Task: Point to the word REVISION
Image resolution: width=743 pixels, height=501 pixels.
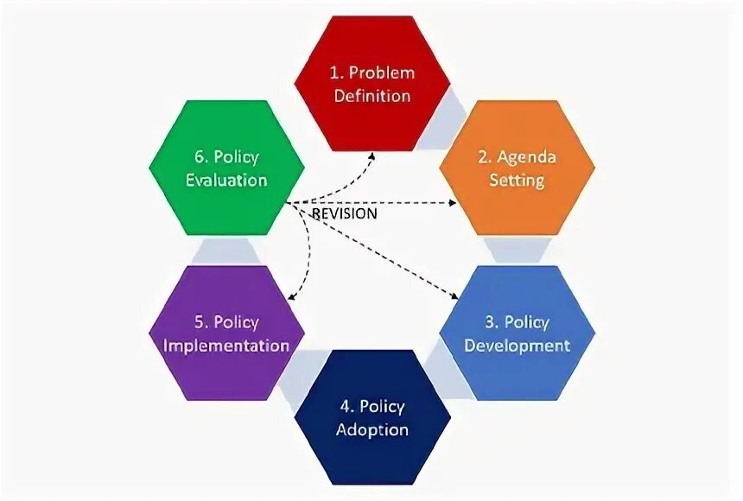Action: (343, 213)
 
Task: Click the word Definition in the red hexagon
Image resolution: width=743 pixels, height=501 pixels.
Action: (372, 96)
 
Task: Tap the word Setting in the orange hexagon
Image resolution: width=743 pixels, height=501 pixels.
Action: (517, 181)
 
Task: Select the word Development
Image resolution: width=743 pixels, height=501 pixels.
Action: (517, 346)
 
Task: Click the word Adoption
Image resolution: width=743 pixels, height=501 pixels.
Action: (372, 430)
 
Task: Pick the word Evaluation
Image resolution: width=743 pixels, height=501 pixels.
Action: (226, 181)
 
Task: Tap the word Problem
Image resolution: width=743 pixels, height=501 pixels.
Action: (382, 73)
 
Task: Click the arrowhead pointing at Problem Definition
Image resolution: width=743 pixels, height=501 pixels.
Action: (371, 156)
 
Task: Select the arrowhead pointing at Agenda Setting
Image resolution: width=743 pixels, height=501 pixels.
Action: (452, 203)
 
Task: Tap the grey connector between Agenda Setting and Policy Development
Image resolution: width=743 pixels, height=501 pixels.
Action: (517, 250)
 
